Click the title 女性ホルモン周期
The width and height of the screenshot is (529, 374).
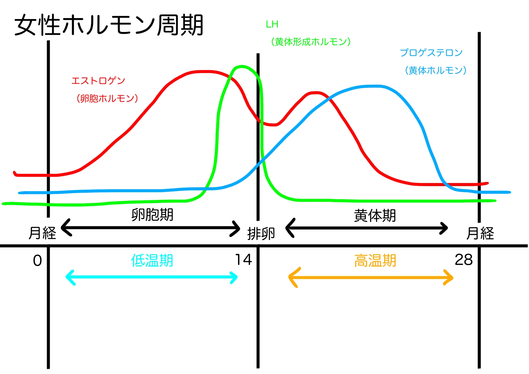109,25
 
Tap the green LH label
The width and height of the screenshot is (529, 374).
272,24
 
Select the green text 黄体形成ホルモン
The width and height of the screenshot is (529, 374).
311,42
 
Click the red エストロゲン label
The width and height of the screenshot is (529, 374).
98,81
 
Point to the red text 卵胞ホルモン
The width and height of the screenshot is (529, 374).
107,98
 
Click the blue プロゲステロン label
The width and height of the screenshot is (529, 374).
431,53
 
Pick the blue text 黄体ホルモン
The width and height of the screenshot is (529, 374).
436,71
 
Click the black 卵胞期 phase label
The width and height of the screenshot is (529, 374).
152,215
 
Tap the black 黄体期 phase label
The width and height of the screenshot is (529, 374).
375,216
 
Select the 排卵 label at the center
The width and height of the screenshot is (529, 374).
261,234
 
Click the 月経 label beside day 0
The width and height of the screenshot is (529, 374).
42,233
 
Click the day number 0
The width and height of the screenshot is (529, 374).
37,261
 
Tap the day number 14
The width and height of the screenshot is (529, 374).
243,260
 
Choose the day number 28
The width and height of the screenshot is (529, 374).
464,260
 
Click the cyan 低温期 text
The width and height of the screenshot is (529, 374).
152,261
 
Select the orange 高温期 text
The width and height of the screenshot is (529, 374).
375,261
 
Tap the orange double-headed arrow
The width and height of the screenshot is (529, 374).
371,277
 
